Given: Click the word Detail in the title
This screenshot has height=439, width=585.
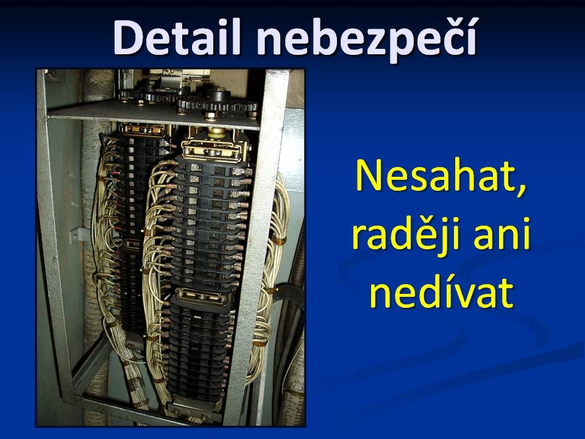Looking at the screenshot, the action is pyautogui.click(x=177, y=38).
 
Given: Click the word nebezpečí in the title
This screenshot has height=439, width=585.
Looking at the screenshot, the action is pyautogui.click(x=367, y=39).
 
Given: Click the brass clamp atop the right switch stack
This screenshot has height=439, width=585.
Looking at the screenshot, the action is pyautogui.click(x=212, y=147).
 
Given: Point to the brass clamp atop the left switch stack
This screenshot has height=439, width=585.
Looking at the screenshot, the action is pyautogui.click(x=144, y=129).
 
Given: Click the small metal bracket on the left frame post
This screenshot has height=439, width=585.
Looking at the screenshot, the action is pyautogui.click(x=77, y=235).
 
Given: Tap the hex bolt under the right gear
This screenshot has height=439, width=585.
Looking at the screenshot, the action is pyautogui.click(x=210, y=115).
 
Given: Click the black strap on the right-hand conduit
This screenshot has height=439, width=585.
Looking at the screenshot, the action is pyautogui.click(x=286, y=291).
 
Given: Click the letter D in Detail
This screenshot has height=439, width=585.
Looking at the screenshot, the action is pyautogui.click(x=129, y=38).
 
